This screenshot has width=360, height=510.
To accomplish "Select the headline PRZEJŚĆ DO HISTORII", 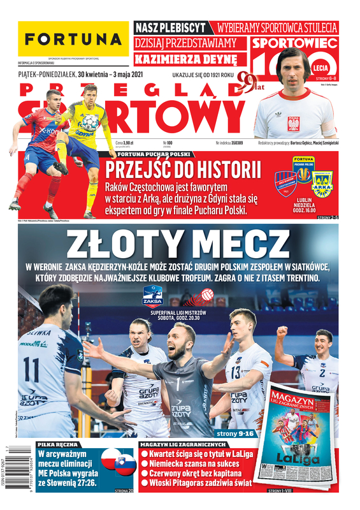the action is click(184, 170).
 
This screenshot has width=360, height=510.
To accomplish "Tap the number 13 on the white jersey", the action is click(236, 372).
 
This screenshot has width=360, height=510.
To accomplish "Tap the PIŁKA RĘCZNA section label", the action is click(58, 444).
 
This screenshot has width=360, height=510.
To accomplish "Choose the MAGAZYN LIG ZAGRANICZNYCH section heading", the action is click(184, 444).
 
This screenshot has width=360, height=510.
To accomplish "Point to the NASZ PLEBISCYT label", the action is click(171, 28).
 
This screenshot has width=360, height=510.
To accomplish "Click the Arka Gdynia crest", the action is click(322, 185).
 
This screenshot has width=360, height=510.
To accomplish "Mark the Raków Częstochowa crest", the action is click(285, 184).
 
